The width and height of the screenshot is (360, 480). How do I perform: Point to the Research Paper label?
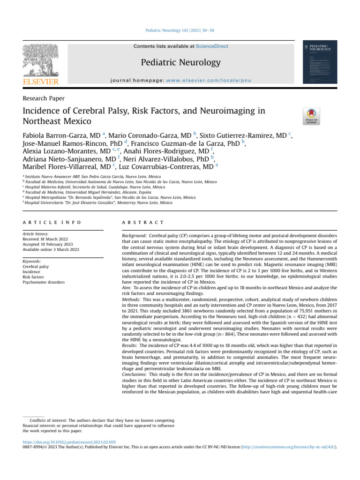[x=44, y=98]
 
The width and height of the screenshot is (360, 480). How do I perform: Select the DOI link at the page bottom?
[x=69, y=442]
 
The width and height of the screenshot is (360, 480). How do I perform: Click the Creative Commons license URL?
[x=293, y=447]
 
